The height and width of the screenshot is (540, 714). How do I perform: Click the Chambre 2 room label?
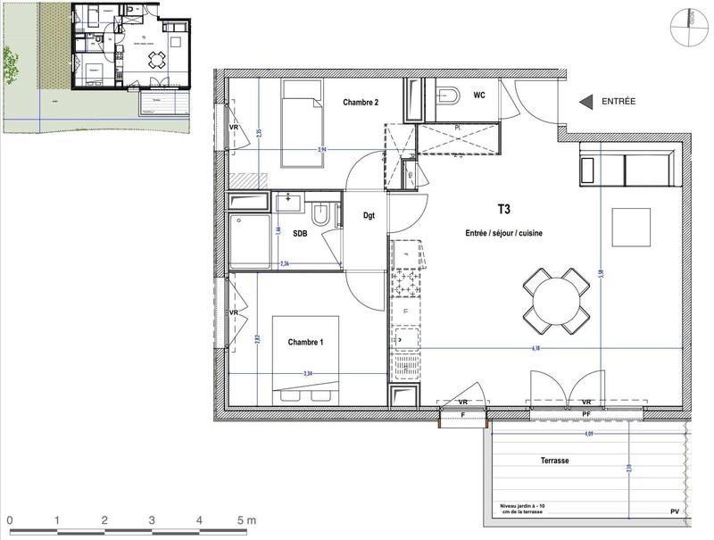tap(361, 103)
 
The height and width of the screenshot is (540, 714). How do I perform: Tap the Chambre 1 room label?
tap(306, 343)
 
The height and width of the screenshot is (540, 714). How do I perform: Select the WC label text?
tap(479, 95)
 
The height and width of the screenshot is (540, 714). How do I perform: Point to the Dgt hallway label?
tap(369, 215)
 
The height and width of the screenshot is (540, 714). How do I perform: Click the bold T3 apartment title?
tap(504, 212)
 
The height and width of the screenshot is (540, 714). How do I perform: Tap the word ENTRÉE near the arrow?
tap(618, 102)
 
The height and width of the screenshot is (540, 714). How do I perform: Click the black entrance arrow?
tap(585, 102)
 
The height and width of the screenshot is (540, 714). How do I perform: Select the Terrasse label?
tap(554, 461)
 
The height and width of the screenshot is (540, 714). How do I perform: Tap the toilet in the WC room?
tap(445, 96)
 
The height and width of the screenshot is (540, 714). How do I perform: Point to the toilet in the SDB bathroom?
tap(323, 215)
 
